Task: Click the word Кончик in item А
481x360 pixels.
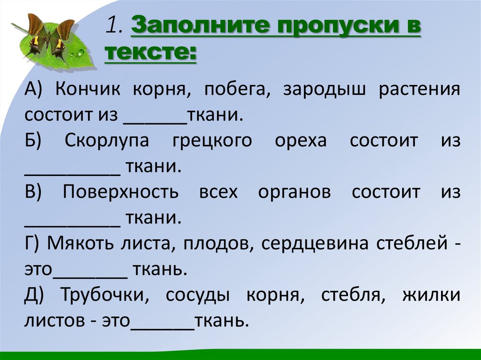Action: click(x=89, y=90)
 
